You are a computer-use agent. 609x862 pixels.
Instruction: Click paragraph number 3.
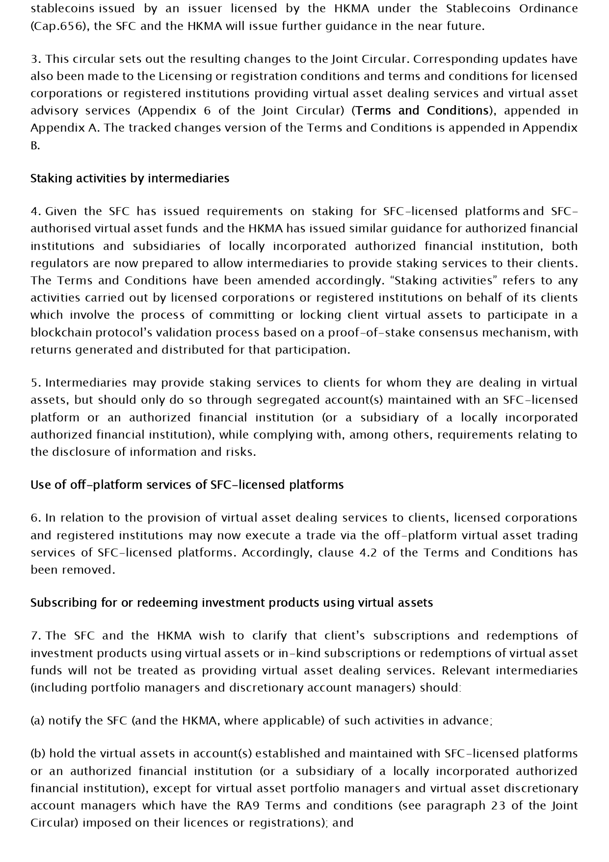click(35, 59)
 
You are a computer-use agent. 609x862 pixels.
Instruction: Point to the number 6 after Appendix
click(208, 111)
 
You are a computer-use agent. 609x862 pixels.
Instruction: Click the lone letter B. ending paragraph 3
click(35, 145)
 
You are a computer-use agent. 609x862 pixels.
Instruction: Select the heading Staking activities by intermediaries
click(130, 178)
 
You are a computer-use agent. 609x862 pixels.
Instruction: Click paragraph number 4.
click(35, 211)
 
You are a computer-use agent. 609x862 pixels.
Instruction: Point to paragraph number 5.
click(35, 383)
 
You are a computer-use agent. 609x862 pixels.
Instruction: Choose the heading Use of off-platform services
click(187, 485)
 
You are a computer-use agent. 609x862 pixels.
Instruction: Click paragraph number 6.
click(35, 518)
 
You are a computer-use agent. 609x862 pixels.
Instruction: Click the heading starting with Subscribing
click(232, 603)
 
